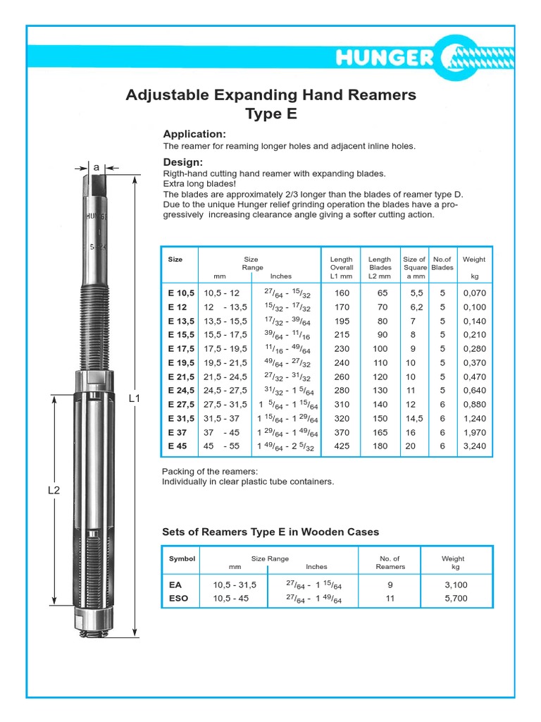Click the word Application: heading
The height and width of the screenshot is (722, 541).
(194, 134)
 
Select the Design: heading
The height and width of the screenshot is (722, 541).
(182, 162)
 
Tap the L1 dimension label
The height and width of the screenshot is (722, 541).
(135, 398)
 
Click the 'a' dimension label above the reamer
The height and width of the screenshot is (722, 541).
(97, 167)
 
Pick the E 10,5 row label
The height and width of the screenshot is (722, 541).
(180, 293)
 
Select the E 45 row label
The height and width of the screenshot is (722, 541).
(177, 446)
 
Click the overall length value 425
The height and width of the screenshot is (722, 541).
(342, 446)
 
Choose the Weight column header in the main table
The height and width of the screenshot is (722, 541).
(474, 259)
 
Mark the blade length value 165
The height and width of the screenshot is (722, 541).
(380, 432)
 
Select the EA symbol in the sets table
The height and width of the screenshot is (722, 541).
(176, 585)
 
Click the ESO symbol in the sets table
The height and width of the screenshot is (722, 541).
(179, 599)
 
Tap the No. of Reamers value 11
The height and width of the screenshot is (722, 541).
(390, 599)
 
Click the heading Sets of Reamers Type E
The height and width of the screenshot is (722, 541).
(270, 532)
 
